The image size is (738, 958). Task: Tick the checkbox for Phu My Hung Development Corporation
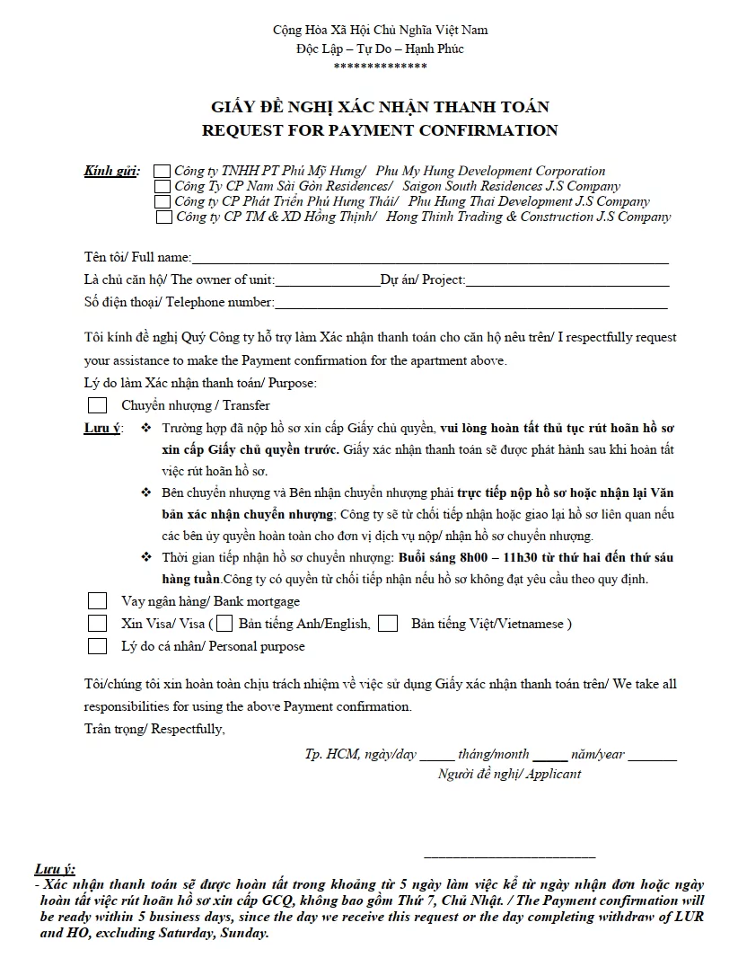coord(162,171)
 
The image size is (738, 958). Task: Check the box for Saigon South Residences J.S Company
coord(163,186)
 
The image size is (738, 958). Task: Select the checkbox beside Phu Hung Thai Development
coord(163,201)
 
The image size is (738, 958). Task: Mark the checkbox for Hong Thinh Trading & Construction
coord(164,217)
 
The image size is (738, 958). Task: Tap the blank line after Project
coord(567,283)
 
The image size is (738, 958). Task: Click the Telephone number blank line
coord(470,306)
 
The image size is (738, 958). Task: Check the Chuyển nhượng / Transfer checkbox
coord(97,405)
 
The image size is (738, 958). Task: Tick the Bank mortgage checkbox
coord(97,601)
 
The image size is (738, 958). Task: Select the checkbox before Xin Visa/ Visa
coord(97,623)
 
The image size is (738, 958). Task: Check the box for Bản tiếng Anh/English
coord(224,623)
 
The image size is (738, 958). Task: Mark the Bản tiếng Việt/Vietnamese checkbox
coord(388,623)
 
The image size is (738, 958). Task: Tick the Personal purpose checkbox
coord(97,645)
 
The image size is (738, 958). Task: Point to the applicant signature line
coord(509,856)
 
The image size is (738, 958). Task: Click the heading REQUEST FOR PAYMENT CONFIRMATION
coord(380,130)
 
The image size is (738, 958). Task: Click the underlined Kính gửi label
coord(111,171)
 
